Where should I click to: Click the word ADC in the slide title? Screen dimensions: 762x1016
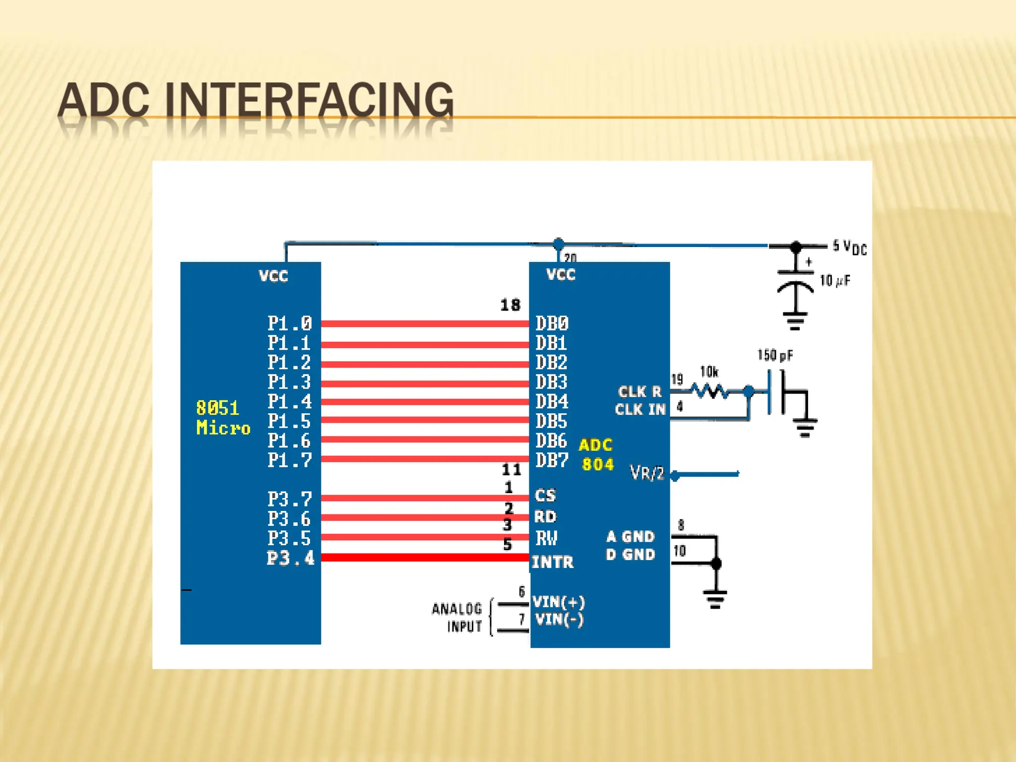point(103,100)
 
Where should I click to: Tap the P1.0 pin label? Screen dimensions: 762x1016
point(290,323)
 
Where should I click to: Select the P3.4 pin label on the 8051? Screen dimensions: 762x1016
point(291,558)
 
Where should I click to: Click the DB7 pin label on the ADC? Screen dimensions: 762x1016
point(552,460)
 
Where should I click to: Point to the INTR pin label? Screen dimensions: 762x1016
point(553,562)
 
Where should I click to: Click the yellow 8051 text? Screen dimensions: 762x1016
point(217,408)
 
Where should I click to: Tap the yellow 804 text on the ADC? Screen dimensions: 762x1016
point(597,464)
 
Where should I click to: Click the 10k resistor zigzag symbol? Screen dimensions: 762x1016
point(710,392)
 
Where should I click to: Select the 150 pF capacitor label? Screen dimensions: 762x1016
point(775,355)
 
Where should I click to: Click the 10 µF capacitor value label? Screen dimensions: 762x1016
point(834,281)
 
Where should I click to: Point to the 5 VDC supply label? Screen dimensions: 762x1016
point(849,247)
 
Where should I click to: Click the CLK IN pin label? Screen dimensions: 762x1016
point(640,409)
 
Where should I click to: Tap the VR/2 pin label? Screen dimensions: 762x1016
point(647,473)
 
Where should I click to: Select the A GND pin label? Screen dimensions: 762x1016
point(630,536)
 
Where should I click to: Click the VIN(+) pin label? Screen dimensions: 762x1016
point(559,602)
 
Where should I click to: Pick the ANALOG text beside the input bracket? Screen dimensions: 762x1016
point(456,609)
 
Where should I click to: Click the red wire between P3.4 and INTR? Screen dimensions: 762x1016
point(425,558)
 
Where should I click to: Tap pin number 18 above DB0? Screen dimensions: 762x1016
point(510,305)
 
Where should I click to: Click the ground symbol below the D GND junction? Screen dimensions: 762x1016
point(715,598)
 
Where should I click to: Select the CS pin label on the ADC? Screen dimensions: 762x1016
point(545,495)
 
